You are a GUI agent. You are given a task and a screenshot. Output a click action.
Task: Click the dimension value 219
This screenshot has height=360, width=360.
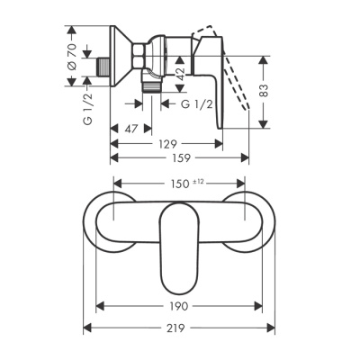pyautogui.click(x=176, y=328)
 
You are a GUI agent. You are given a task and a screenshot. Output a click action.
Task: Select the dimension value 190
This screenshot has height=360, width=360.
pyautogui.click(x=179, y=306)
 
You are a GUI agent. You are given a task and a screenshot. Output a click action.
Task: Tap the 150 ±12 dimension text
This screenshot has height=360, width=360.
pyautogui.click(x=184, y=184)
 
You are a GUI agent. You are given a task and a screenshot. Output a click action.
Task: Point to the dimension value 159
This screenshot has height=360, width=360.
pyautogui.click(x=182, y=157)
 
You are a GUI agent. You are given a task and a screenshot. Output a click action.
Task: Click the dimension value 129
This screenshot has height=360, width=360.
pyautogui.click(x=167, y=144)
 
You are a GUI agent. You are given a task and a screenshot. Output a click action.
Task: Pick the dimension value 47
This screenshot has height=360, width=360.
pyautogui.click(x=131, y=129)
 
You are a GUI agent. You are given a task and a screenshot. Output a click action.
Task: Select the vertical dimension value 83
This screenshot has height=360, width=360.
pyautogui.click(x=264, y=90)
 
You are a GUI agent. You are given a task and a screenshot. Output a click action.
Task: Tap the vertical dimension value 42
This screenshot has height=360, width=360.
pyautogui.click(x=180, y=74)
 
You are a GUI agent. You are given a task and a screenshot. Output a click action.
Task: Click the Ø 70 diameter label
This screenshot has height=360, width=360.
pyautogui.click(x=72, y=56)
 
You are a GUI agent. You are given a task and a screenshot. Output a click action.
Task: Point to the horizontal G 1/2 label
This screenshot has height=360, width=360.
pyautogui.click(x=197, y=104)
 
